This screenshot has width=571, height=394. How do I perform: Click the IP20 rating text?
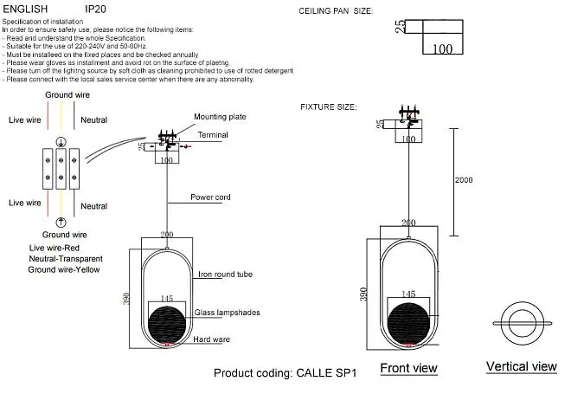(95, 9)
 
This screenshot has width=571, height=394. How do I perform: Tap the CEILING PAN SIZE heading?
(336, 11)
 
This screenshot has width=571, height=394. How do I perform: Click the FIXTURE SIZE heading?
(329, 107)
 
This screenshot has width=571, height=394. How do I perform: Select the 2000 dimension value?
(464, 180)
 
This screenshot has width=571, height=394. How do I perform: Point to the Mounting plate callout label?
(220, 117)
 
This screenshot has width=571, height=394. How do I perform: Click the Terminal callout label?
(213, 135)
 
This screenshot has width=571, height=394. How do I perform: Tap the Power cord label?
(210, 197)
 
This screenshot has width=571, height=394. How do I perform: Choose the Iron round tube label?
(226, 275)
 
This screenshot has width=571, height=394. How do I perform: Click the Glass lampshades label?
(228, 313)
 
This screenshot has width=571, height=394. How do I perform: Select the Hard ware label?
(212, 339)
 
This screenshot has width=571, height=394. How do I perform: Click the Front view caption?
(408, 368)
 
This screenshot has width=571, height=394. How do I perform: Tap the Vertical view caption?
(522, 366)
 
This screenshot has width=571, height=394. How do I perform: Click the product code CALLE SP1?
(327, 373)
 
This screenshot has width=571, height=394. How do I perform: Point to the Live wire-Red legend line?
(55, 248)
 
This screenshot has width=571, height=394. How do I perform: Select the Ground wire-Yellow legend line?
(64, 269)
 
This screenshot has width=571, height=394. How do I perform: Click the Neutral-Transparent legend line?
(66, 259)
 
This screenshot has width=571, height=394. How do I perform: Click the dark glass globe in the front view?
(408, 323)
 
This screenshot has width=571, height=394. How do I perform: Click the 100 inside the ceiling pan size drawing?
(442, 48)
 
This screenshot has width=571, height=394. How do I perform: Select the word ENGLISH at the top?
(25, 9)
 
